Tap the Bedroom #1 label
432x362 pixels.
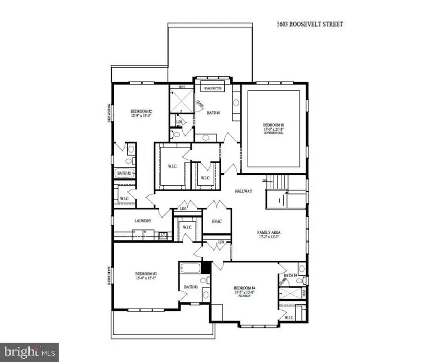coord(273,124)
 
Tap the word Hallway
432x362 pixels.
coord(243,191)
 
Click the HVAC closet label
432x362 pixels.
coord(217,221)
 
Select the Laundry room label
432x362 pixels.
coord(143,221)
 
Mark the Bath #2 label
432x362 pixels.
coord(124,173)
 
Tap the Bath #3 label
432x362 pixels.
coord(191,287)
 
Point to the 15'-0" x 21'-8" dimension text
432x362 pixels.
coord(273,129)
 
